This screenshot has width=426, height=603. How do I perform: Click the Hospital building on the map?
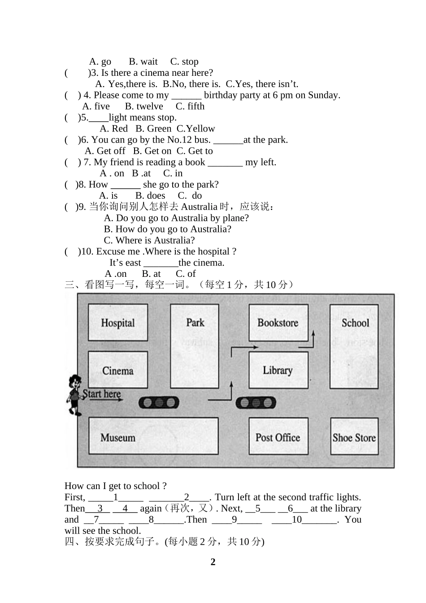(117, 323)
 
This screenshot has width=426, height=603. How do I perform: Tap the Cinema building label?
(117, 371)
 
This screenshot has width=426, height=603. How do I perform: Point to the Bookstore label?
(278, 323)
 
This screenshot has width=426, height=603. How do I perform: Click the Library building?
(278, 370)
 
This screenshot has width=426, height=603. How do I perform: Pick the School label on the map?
(355, 323)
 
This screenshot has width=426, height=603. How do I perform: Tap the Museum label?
(118, 437)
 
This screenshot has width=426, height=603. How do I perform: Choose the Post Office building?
(278, 437)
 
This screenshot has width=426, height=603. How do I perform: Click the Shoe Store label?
(354, 437)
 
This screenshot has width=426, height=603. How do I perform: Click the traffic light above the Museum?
(159, 402)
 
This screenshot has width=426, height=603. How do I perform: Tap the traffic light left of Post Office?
(256, 402)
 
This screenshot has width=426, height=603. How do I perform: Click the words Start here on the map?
(102, 394)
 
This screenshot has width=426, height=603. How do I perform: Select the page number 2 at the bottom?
(213, 562)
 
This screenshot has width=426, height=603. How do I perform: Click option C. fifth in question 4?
(190, 106)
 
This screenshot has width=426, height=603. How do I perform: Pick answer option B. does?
(150, 196)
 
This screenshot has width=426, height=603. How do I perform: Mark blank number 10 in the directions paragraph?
(297, 520)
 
